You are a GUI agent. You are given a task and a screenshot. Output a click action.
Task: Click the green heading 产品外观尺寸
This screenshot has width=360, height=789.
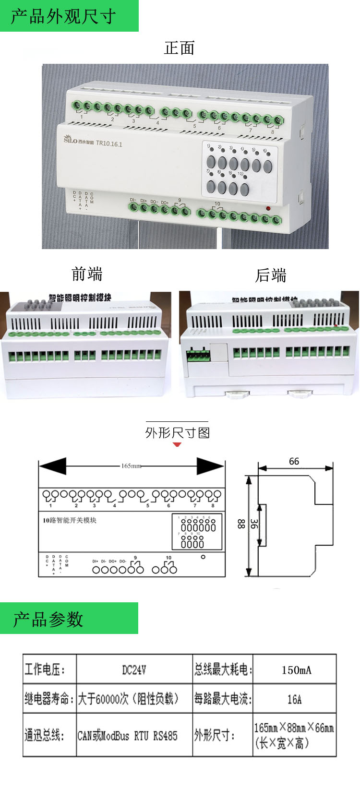(63, 16)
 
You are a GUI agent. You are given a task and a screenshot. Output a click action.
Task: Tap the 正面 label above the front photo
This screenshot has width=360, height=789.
(179, 48)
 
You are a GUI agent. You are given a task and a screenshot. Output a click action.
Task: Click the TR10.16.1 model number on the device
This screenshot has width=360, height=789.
(109, 143)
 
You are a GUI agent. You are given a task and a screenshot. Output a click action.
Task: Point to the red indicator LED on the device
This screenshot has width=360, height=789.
(268, 209)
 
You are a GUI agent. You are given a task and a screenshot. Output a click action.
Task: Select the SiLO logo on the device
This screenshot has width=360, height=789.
(70, 139)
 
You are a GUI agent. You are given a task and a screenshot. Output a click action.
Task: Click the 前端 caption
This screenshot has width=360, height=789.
(87, 274)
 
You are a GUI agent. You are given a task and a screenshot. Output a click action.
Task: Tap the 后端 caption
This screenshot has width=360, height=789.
(271, 275)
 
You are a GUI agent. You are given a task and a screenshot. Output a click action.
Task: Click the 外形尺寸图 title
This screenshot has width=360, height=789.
(178, 433)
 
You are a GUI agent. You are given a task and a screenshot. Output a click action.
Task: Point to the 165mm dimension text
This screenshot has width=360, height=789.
(131, 466)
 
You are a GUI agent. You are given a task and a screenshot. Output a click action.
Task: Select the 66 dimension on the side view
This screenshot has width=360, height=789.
(294, 461)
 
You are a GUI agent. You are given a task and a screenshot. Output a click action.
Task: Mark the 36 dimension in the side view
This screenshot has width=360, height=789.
(254, 524)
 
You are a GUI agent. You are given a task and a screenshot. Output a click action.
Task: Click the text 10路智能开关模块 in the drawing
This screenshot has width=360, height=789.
(70, 520)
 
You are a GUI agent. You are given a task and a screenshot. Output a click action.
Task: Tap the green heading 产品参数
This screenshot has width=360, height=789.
(48, 619)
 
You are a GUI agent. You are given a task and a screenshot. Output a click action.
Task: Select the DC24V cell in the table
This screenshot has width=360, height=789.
(134, 669)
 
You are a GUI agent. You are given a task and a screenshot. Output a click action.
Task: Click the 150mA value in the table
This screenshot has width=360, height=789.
(296, 669)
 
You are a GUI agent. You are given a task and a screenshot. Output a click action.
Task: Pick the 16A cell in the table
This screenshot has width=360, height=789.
(294, 699)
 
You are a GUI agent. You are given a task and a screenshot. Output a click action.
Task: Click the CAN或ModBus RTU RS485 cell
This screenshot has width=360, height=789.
(128, 735)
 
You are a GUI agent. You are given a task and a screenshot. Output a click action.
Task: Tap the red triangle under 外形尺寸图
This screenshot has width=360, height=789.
(177, 444)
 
